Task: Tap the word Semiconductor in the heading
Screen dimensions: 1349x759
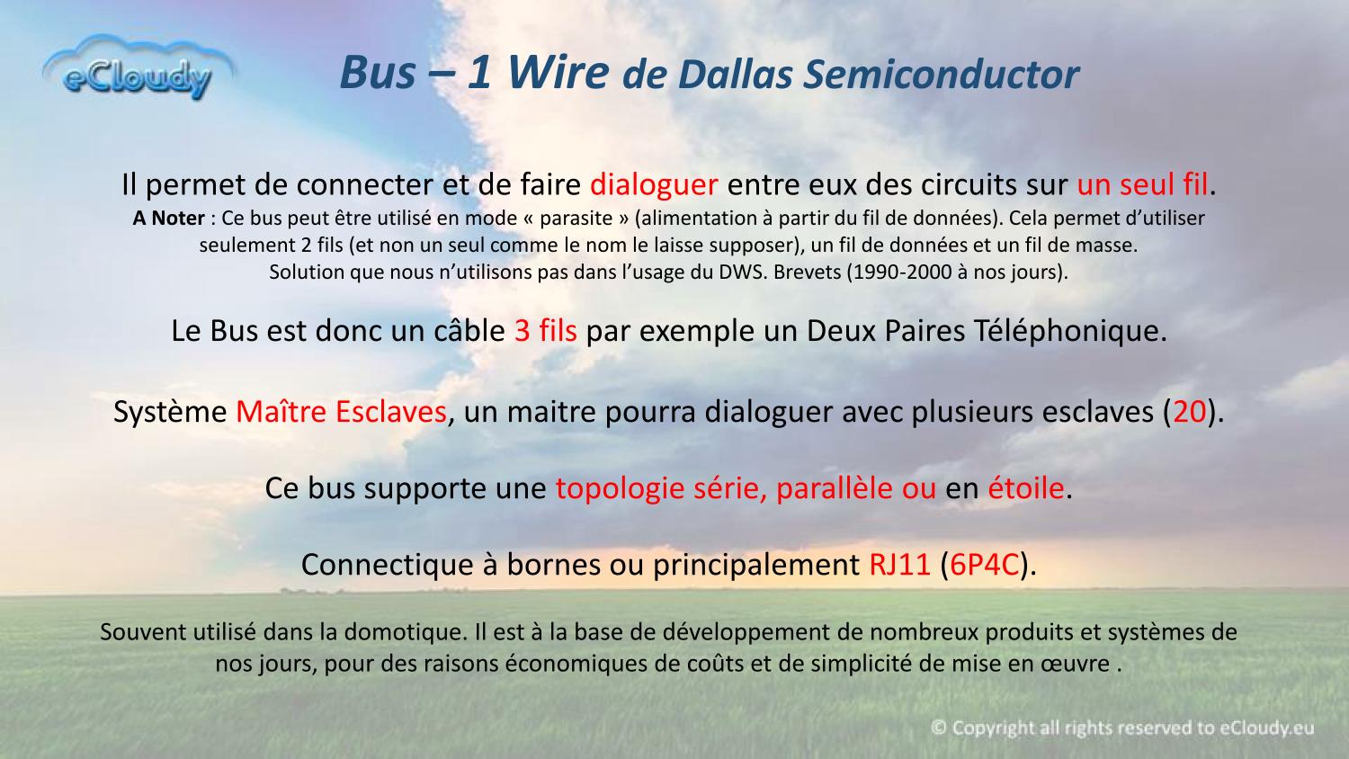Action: tap(942, 75)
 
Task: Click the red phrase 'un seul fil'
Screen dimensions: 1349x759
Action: tap(1142, 184)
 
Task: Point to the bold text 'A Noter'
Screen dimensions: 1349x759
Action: tap(169, 218)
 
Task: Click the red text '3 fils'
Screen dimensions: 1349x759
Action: tap(546, 331)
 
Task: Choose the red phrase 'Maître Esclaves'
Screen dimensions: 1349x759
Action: tap(341, 412)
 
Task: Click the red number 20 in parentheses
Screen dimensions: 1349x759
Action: tap(1189, 412)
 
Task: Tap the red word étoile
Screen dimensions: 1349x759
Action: tap(1025, 488)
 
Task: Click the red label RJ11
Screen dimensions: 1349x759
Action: tap(899, 565)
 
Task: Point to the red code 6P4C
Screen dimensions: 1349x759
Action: tap(984, 565)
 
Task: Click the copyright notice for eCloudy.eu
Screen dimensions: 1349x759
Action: tap(1122, 728)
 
